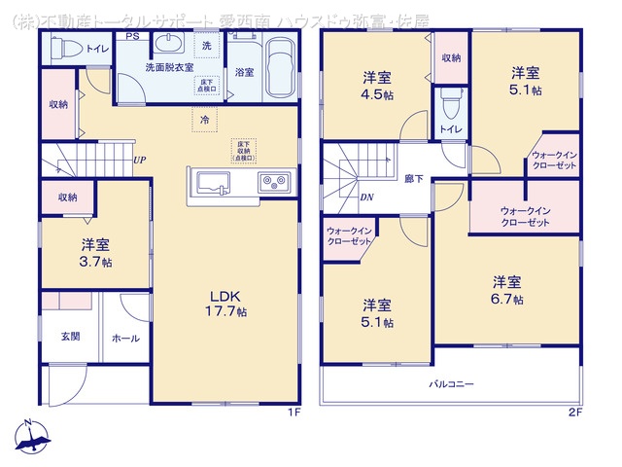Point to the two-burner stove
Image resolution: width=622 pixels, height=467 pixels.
(x=273, y=183)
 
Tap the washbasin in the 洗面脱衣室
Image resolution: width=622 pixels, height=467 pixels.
(x=170, y=46)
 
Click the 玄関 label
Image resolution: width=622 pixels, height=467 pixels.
(x=71, y=337)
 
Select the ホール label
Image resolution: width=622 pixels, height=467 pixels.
(x=124, y=339)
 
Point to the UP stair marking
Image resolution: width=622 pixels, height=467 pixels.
(x=140, y=161)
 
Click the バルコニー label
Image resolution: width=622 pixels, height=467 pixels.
(x=453, y=384)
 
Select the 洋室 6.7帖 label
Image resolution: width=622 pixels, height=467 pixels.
(x=507, y=290)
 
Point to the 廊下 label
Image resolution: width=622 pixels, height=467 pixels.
(x=413, y=179)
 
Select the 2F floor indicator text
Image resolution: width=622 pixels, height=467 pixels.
(x=575, y=412)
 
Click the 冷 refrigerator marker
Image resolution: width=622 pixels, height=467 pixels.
(x=204, y=119)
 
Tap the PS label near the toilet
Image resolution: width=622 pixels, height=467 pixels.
(x=131, y=37)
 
